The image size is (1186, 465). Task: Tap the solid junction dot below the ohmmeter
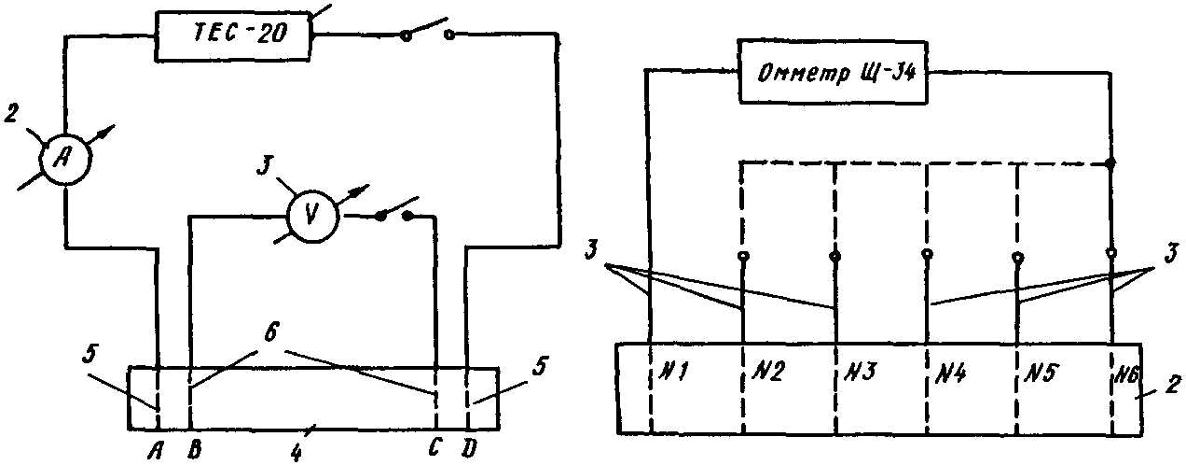(x=1110, y=164)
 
